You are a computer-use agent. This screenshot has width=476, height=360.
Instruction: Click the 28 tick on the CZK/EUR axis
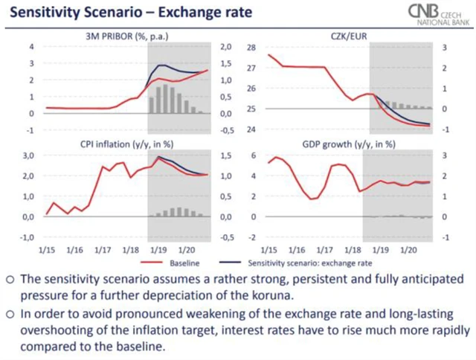(250, 48)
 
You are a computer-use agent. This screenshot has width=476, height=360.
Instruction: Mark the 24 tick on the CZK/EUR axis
(250, 130)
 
